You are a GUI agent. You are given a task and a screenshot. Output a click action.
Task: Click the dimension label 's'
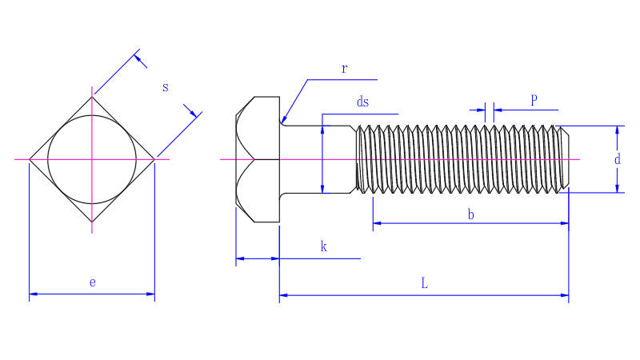(166, 87)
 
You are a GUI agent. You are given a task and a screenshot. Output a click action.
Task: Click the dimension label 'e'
(93, 282)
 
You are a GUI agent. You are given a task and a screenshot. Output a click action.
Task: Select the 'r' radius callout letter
(344, 68)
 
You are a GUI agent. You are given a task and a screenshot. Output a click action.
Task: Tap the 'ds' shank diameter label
(362, 102)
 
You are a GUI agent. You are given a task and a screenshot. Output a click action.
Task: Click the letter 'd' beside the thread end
(617, 159)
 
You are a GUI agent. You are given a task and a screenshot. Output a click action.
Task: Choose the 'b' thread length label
(470, 214)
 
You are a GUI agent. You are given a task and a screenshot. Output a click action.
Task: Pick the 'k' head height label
(324, 246)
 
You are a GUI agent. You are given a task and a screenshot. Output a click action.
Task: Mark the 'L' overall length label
(424, 283)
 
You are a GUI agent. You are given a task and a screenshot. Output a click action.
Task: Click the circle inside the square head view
(92, 159)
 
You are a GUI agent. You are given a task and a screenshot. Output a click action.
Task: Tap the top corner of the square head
(93, 96)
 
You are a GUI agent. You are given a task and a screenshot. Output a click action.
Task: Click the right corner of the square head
(155, 159)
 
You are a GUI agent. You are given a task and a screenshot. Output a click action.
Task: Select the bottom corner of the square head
(93, 222)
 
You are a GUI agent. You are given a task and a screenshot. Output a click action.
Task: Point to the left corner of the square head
(30, 159)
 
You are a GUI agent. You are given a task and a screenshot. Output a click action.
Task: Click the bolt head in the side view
(257, 159)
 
